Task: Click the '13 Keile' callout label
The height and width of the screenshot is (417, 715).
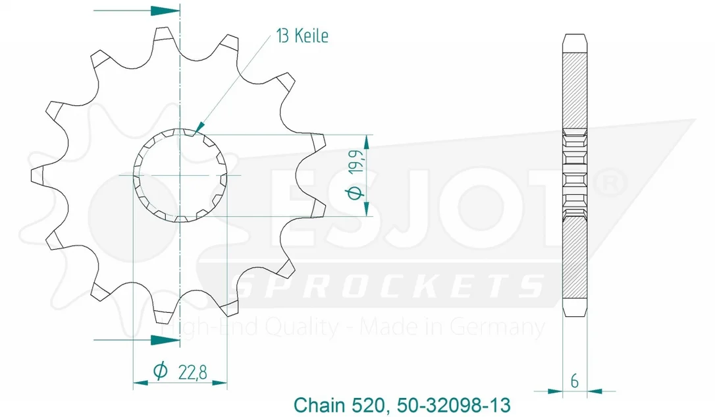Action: pos(302,36)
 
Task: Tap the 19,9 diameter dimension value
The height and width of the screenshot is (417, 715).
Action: pos(357,161)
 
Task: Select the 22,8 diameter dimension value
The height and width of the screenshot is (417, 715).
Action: pos(192,373)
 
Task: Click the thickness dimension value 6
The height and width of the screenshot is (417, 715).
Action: pos(575,381)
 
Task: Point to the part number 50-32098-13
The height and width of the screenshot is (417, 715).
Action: pos(454,405)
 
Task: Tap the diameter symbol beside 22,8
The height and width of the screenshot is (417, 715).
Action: pos(160,371)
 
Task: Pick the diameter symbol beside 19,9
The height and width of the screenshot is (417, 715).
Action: pos(356,193)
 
